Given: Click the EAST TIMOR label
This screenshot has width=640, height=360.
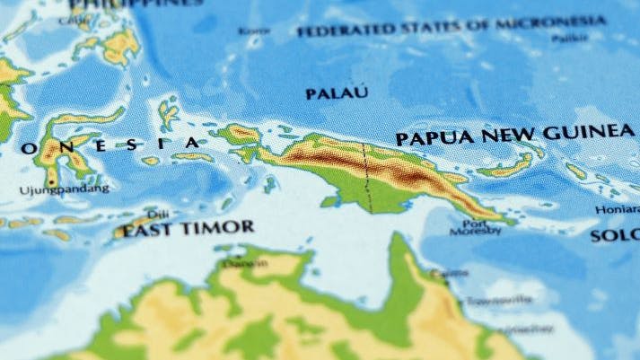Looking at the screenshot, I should (x=188, y=229).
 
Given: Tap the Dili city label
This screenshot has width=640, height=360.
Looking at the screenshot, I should (x=157, y=214).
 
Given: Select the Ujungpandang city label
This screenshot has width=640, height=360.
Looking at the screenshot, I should (x=64, y=189).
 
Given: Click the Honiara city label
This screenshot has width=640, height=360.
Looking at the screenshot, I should (x=618, y=210).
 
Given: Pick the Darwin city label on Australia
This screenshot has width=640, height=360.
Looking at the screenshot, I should (x=244, y=263).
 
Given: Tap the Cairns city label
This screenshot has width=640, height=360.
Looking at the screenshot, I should (x=448, y=273).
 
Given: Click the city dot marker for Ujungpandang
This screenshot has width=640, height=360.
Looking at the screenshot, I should (x=51, y=182).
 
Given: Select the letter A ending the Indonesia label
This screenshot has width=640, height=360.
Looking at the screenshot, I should (x=193, y=143).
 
